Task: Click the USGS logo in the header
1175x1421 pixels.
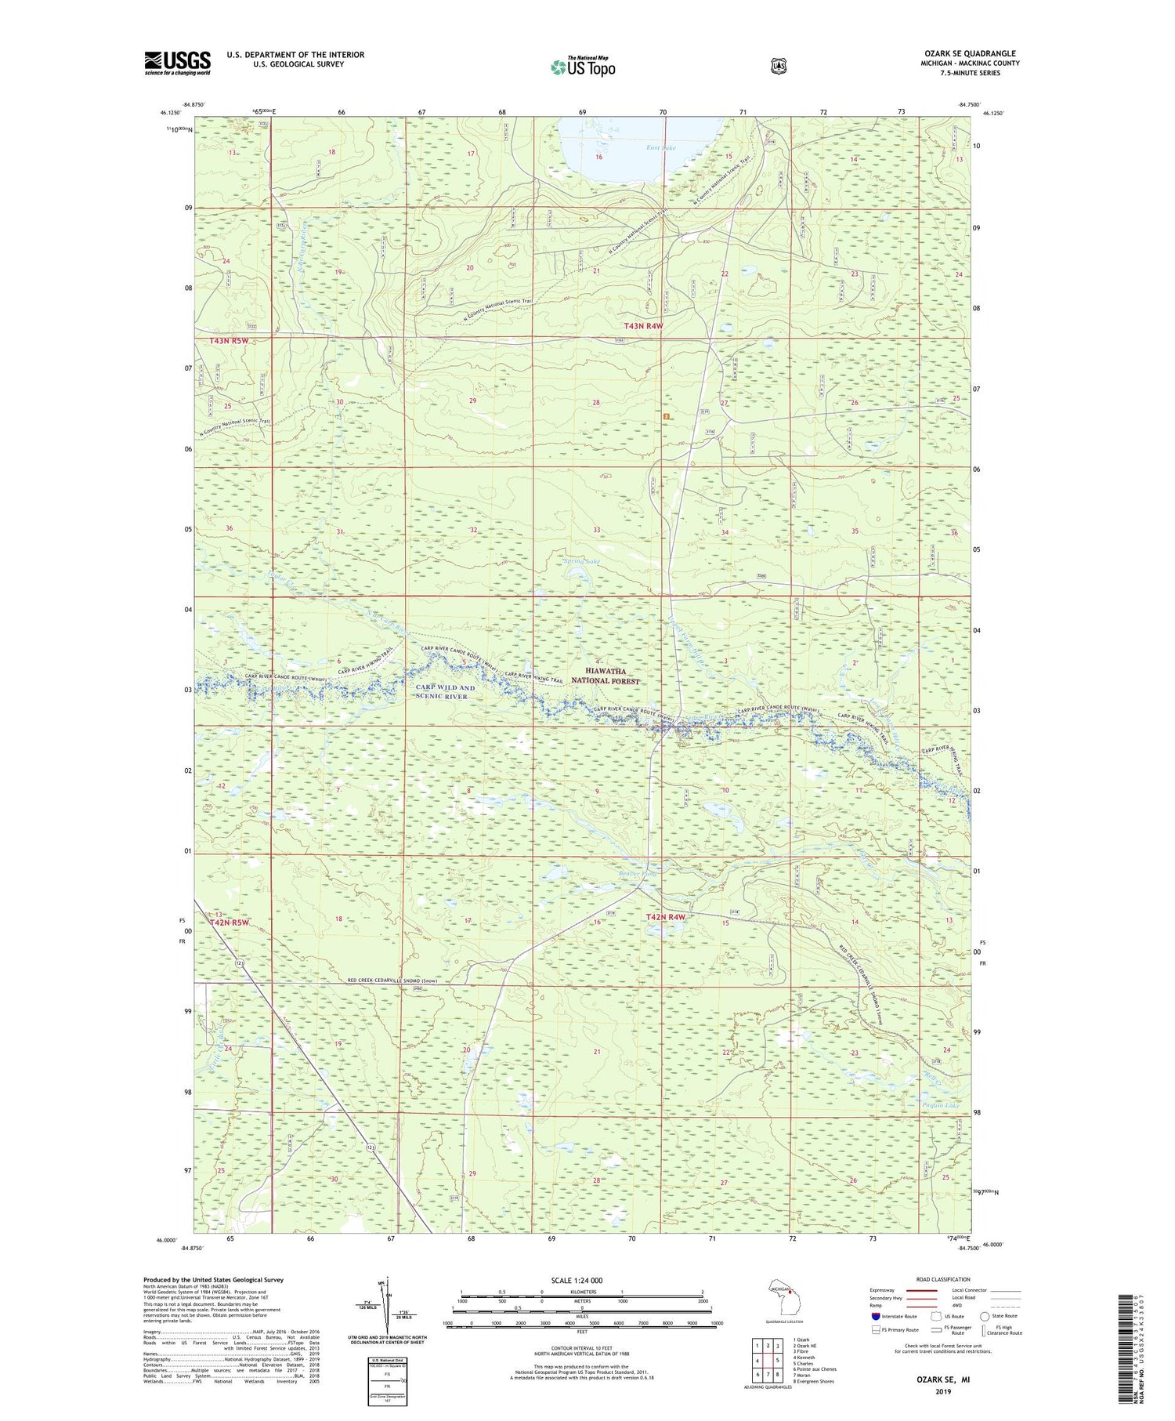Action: coord(177,63)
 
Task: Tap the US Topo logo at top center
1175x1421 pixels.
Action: coord(583,67)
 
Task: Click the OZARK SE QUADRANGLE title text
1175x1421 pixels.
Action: coord(970,53)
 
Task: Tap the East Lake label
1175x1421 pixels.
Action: coord(660,147)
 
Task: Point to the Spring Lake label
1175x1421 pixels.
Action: coord(582,561)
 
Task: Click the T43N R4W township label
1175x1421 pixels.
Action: coord(643,325)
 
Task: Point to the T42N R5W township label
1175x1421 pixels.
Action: coord(230,923)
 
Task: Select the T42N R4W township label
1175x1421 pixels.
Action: coord(666,916)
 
